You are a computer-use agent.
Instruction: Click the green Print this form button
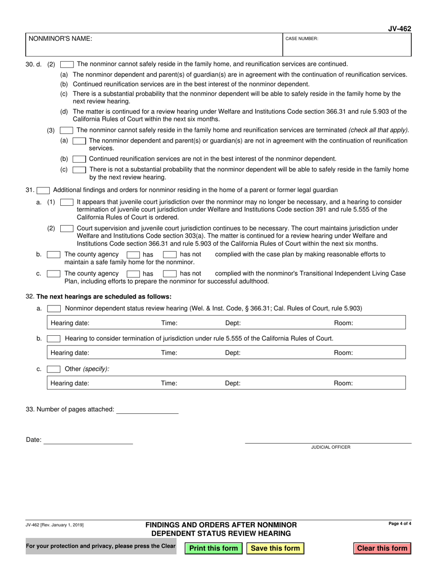213,548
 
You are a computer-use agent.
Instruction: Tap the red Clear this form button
382,548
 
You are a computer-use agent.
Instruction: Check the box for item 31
43,190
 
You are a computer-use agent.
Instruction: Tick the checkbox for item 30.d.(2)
67,64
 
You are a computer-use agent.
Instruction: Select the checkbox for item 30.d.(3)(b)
79,159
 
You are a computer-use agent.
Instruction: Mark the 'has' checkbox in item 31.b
133,254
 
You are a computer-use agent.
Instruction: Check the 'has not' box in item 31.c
170,274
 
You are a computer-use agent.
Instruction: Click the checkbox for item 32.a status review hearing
54,309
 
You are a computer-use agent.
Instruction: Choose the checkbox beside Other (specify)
54,369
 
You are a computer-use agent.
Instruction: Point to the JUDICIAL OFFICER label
330,447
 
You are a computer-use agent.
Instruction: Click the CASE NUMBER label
302,39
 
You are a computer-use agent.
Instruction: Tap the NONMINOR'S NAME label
60,39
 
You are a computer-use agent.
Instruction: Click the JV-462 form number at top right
399,29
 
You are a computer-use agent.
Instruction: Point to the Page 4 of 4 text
400,524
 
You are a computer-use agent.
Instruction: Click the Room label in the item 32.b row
343,353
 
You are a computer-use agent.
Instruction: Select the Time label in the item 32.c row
169,383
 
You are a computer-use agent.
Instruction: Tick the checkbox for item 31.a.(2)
67,228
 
